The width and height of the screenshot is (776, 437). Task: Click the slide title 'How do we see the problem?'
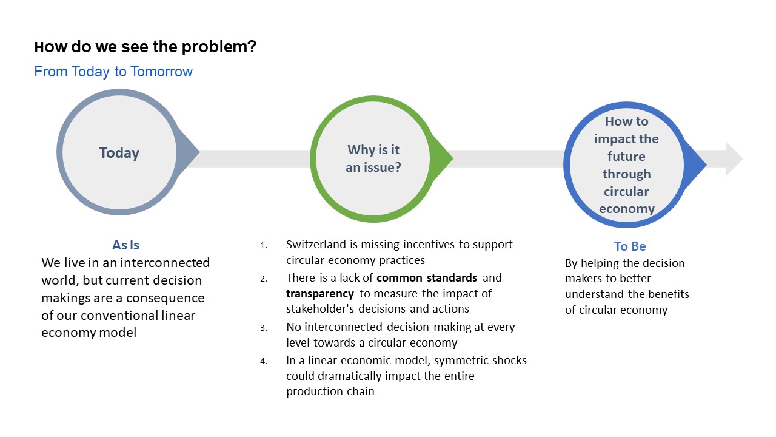click(x=145, y=47)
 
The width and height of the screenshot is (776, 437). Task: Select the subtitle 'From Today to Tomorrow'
click(x=113, y=72)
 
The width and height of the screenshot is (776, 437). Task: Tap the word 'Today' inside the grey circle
click(x=119, y=153)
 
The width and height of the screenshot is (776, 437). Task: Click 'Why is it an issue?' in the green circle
click(x=373, y=158)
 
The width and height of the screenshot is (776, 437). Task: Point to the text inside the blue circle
click(x=626, y=165)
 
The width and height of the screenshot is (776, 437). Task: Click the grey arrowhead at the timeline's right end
click(x=734, y=159)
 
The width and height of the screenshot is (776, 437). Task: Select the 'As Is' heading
click(x=125, y=245)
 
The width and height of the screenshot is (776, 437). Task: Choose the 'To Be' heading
click(x=630, y=246)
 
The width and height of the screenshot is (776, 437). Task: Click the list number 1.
click(x=263, y=246)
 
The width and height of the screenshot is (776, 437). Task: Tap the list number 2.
click(x=263, y=279)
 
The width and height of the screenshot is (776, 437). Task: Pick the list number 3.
click(x=263, y=328)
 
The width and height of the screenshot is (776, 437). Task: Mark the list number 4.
click(x=263, y=362)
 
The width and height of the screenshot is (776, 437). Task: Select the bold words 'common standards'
click(x=427, y=278)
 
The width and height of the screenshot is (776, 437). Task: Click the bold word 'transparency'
click(x=320, y=294)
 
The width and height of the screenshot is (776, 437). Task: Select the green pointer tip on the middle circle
click(x=449, y=159)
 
